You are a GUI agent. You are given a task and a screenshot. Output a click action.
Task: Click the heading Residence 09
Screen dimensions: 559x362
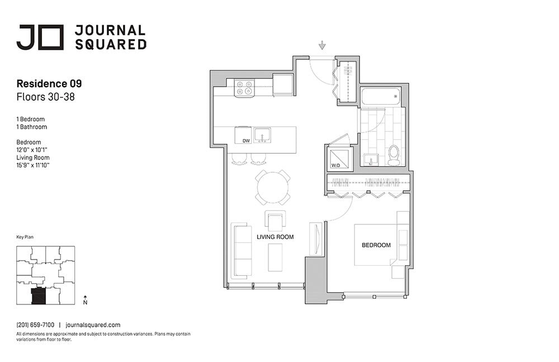coord(49,84)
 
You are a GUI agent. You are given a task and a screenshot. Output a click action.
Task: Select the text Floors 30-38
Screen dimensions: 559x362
coord(46,97)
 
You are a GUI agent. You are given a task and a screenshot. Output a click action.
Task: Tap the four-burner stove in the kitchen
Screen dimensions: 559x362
coord(244,88)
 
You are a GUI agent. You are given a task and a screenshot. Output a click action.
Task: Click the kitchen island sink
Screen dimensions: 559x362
coord(262,135)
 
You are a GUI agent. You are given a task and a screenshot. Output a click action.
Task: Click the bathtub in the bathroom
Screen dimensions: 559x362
coord(381,96)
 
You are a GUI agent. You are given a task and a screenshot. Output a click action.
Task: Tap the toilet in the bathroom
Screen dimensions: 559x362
coord(394,154)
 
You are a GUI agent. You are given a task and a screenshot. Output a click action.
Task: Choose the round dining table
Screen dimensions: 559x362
coord(273,187)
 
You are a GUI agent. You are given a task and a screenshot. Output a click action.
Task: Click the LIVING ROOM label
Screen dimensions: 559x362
coord(275,237)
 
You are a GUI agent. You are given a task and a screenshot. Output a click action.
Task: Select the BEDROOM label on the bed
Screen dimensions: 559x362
coord(376,245)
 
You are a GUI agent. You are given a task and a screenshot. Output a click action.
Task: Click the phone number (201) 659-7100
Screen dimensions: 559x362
coord(35,325)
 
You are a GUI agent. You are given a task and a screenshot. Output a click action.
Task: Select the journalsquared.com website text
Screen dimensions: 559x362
coord(93,325)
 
